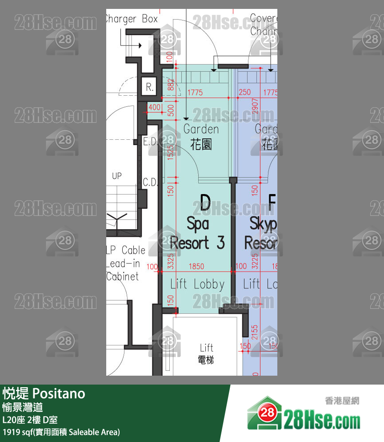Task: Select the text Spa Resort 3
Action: pos(197,234)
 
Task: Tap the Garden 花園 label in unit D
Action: pos(201,137)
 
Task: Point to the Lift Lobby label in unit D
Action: pos(197,284)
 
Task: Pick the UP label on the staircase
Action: pos(116,176)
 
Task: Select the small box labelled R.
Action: pos(150,88)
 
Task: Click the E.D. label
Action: pos(150,142)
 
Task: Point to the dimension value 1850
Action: pos(196,267)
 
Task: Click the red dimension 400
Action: pos(154,107)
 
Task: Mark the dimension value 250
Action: pos(244,93)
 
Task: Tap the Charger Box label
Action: pos(132,19)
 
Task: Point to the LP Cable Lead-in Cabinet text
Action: pos(123,263)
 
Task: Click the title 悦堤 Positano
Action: pos(44,393)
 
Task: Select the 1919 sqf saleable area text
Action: pos(61,432)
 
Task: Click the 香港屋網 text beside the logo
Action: pos(342,401)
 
